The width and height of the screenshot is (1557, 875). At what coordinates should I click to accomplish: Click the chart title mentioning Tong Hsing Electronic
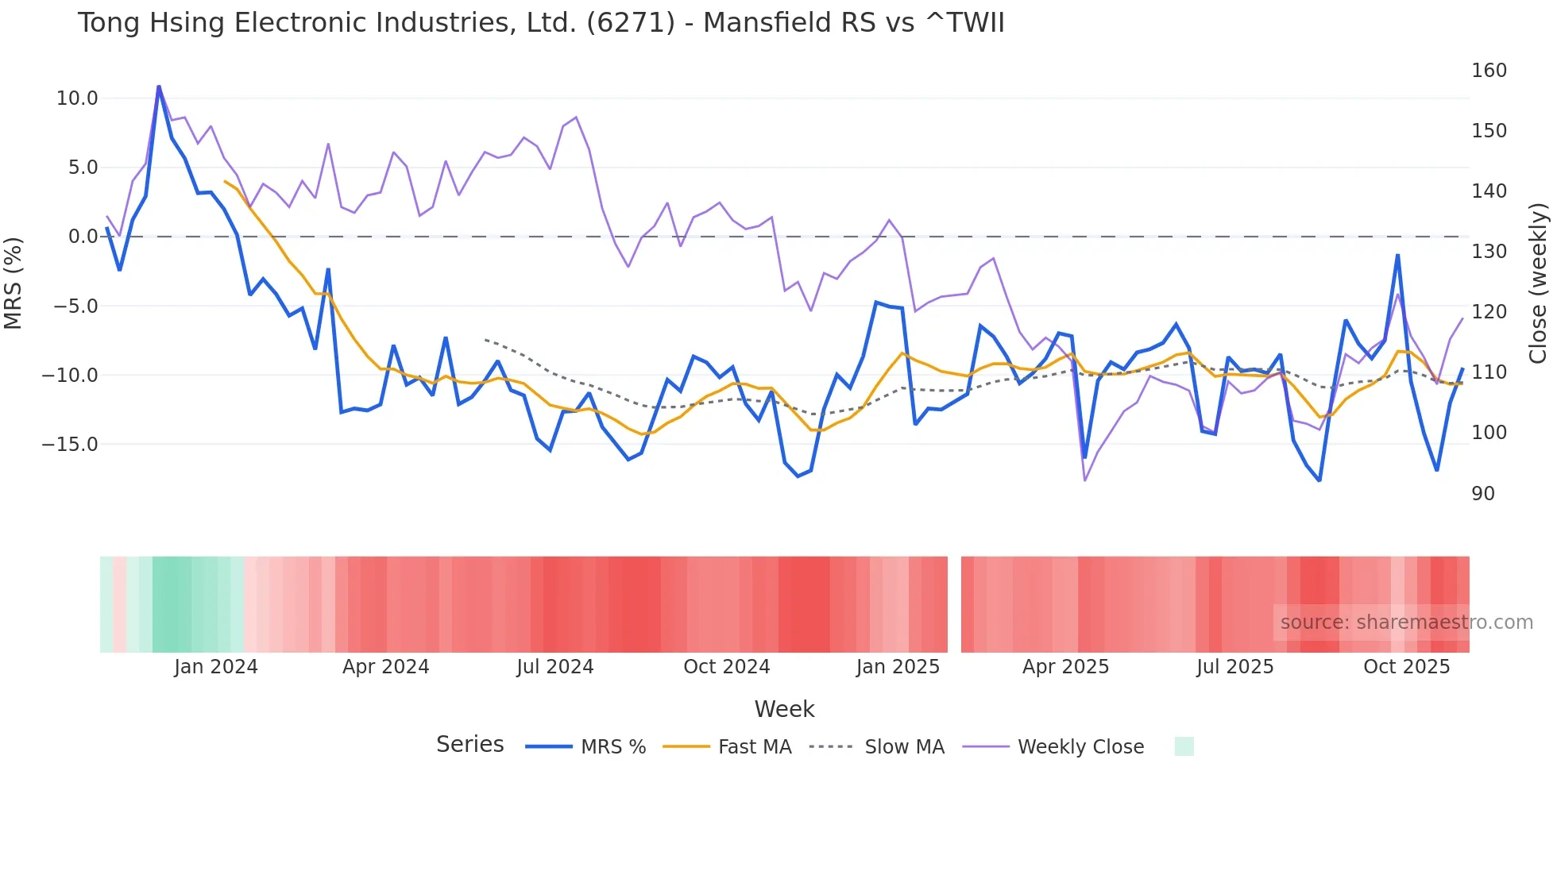point(540,23)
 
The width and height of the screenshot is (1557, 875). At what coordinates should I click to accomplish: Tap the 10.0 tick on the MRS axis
point(76,98)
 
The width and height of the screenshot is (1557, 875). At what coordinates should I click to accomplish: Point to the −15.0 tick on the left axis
point(70,445)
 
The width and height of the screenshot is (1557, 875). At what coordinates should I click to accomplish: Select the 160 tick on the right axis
point(1489,71)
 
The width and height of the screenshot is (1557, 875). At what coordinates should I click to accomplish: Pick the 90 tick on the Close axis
point(1483,494)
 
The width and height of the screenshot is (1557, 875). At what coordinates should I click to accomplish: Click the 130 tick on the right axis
point(1489,252)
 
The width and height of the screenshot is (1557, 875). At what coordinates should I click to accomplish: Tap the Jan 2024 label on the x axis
point(216,667)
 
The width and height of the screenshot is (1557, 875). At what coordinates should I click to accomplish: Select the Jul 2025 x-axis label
point(1234,667)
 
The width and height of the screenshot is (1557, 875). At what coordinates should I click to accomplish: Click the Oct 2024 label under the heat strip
point(726,667)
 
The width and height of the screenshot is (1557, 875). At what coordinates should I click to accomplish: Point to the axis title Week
point(784,709)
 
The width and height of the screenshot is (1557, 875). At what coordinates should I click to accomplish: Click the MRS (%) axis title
point(14,283)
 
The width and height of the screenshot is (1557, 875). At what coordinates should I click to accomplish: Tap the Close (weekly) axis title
point(1539,283)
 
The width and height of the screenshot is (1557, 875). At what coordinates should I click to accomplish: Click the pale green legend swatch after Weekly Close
point(1184,746)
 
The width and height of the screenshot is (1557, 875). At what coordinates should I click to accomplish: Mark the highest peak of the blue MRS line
point(159,87)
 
